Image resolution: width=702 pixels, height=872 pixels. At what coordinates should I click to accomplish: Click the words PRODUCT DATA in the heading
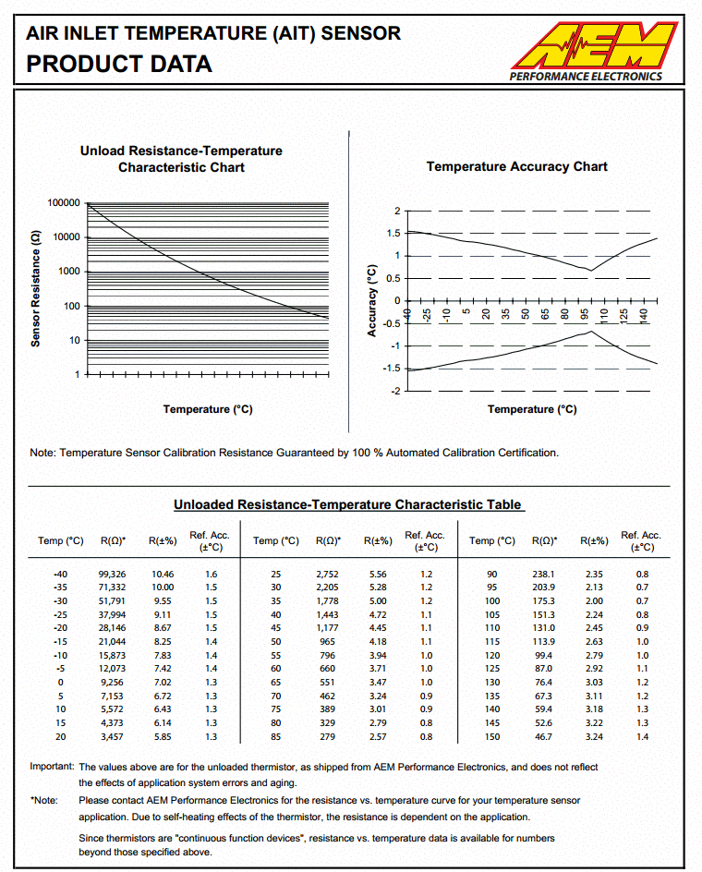point(119,64)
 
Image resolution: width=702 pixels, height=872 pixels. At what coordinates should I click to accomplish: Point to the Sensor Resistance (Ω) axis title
point(35,288)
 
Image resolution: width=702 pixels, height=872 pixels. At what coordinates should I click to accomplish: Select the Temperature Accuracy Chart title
point(516,167)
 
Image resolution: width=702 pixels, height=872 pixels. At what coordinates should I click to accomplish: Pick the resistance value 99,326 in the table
point(112,574)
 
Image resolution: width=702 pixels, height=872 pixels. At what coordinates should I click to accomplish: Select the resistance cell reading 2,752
point(329,574)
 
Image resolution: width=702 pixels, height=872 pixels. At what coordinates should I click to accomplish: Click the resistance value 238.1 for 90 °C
point(544,574)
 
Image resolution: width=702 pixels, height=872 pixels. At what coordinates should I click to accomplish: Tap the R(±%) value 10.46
point(162,574)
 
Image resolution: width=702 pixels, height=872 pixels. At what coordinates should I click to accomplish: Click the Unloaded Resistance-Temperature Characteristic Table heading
point(348,505)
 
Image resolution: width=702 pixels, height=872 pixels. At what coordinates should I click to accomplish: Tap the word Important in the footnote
point(52,767)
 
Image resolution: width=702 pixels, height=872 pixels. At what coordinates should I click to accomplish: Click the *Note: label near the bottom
point(43,800)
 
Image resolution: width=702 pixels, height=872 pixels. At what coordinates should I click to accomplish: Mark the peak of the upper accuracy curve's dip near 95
point(590,271)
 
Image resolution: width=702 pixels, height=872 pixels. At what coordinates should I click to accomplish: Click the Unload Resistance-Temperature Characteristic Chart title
point(181,159)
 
